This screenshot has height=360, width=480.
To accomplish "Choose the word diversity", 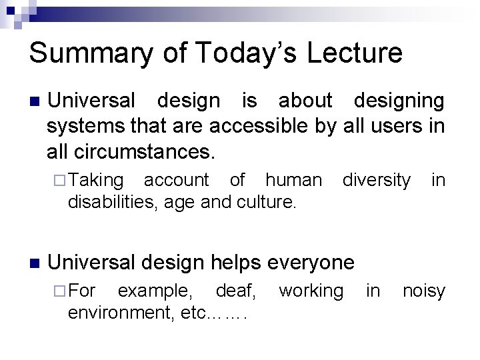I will pos(377,179).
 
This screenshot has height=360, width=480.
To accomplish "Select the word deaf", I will pos(241,291).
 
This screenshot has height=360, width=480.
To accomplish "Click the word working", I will pos(311,291).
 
